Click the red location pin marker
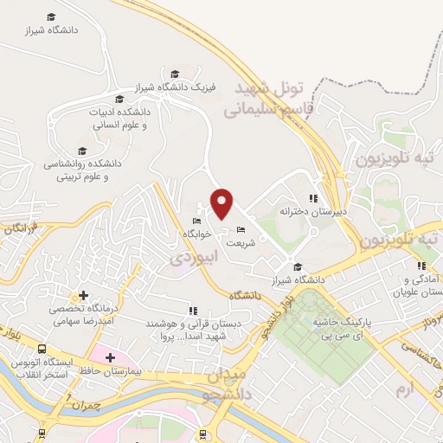pos(222,202)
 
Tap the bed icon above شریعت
pos(241,229)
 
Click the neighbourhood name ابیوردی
pos(189,258)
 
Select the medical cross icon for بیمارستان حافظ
pos(110,356)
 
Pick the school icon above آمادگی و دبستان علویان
pos(421,266)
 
